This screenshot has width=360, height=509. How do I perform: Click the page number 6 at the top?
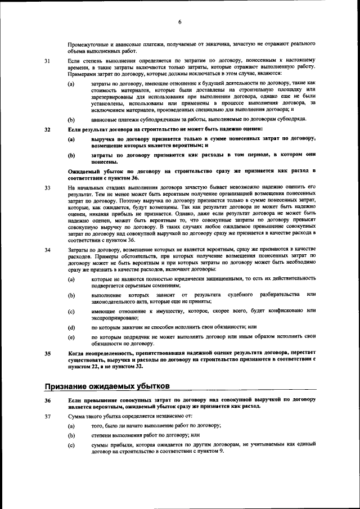[180, 22]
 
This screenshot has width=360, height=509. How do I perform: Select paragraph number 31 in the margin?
[47, 60]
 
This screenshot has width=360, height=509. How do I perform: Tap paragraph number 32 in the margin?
[47, 129]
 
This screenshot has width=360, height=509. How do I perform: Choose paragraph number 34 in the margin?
[47, 249]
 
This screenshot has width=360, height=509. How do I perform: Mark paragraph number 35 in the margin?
[47, 354]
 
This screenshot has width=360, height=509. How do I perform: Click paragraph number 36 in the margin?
[47, 399]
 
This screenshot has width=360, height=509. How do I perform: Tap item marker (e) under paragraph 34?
[71, 337]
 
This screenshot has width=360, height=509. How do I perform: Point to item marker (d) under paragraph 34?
[71, 326]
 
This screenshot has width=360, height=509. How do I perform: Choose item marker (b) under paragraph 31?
[71, 119]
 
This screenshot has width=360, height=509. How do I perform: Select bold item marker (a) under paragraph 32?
[71, 138]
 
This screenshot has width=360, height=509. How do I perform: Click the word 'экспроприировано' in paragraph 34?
[114, 317]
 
